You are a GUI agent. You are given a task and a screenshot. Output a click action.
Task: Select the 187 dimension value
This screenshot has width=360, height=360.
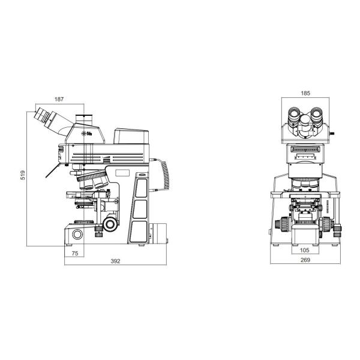(x=58, y=99)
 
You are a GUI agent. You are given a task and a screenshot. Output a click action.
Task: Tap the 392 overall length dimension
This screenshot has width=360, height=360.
(x=116, y=262)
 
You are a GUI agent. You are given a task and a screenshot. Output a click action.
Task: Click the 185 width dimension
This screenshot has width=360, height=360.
(x=305, y=93)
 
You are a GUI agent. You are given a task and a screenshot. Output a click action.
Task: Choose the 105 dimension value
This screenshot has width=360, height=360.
(x=305, y=250)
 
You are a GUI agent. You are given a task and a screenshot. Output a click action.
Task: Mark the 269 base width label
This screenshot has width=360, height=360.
(x=305, y=260)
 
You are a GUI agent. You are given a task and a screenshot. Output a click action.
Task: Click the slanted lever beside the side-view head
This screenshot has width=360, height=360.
(x=50, y=172)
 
